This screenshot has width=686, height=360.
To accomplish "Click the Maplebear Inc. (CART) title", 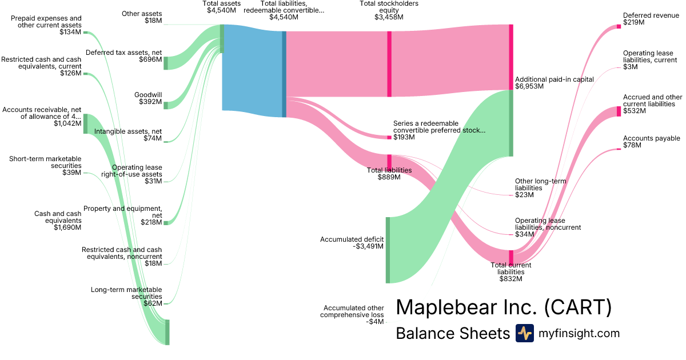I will point(504,307).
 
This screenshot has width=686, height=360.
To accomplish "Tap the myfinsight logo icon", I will point(524,333).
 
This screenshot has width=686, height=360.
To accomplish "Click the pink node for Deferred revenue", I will point(619,26).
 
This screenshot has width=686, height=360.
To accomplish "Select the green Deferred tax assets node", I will point(166,63).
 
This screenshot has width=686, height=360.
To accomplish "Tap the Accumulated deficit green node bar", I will point(388,250).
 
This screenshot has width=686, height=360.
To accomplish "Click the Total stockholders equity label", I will point(389,10).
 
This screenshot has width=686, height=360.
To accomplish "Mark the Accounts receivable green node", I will point(86,123).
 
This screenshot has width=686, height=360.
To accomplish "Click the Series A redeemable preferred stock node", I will point(389,137).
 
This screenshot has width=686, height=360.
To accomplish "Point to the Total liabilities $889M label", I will point(389,174).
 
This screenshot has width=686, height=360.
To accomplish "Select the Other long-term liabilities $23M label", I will point(540,188).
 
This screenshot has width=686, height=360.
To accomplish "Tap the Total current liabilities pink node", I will point(511,257).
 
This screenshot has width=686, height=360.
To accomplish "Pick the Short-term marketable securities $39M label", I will point(45,166).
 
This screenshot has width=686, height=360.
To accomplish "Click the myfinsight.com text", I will point(579,333).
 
